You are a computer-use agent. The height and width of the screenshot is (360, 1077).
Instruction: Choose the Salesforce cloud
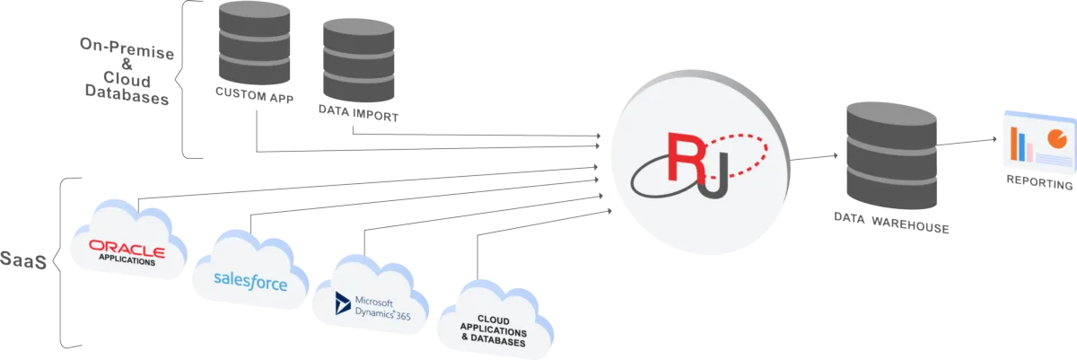tap(250, 274)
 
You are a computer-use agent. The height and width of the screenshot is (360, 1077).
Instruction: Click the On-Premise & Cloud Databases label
tap(126, 72)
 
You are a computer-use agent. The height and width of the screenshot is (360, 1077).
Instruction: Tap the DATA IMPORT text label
tap(357, 114)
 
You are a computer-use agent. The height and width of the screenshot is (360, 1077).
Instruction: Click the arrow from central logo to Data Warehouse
tap(815, 159)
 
